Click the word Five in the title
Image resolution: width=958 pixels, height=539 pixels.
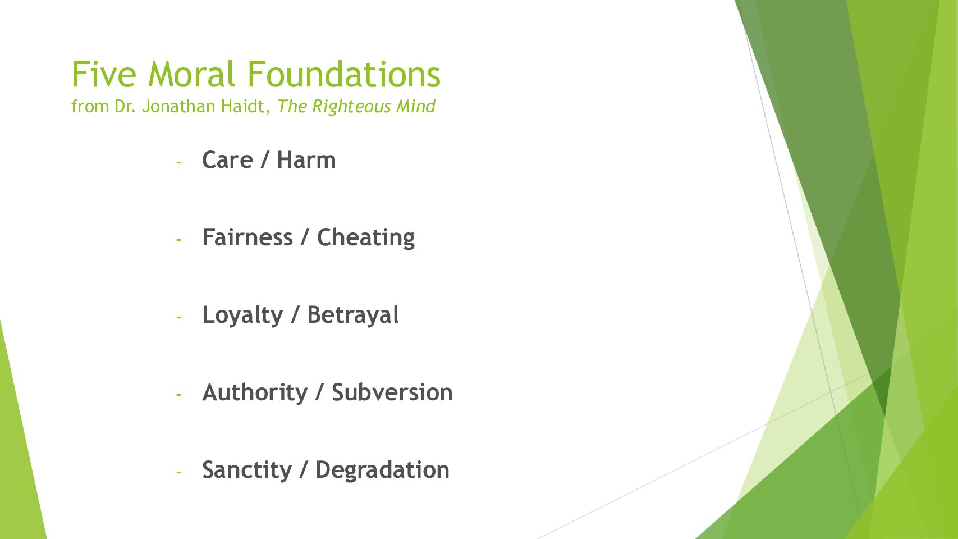(x=104, y=74)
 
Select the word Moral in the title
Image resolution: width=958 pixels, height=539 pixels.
(x=191, y=74)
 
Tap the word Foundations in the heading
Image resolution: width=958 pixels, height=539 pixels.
(x=344, y=74)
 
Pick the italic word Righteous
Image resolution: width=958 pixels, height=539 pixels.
(x=351, y=107)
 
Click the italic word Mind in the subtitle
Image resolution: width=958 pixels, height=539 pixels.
(x=416, y=107)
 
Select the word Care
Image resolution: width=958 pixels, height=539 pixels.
(x=227, y=160)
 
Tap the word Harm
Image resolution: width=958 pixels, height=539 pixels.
(x=306, y=160)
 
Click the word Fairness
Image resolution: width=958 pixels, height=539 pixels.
(x=247, y=237)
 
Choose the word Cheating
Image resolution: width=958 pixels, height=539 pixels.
(x=366, y=238)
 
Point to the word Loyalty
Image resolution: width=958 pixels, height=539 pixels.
(x=242, y=316)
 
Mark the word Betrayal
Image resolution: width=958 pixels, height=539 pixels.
(x=353, y=316)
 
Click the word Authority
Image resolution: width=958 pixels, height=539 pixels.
(x=255, y=393)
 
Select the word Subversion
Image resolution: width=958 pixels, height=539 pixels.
(x=392, y=392)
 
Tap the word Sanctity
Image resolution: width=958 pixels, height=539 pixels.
(x=247, y=471)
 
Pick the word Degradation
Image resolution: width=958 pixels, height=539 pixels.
(x=382, y=471)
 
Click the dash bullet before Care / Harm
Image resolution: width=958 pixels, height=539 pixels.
(x=178, y=163)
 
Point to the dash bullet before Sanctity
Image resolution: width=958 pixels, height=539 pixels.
(x=178, y=472)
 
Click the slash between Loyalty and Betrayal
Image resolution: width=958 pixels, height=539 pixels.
(x=295, y=316)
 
